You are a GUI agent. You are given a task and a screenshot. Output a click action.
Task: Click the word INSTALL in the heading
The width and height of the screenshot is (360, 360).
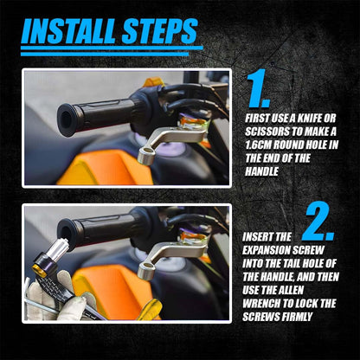click(69, 31)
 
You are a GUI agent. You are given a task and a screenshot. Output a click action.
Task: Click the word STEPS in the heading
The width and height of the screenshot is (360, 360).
click(159, 31)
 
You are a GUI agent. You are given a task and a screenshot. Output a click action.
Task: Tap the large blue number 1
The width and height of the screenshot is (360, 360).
click(259, 88)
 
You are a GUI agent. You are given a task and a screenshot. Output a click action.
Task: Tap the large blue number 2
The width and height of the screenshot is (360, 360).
click(318, 221)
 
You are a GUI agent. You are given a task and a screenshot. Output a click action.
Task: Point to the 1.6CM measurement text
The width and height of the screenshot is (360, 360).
click(258, 145)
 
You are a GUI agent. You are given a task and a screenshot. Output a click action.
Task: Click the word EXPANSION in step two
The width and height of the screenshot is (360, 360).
click(265, 250)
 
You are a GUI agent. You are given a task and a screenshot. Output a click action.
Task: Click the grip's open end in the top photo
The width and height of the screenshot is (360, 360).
click(67, 119)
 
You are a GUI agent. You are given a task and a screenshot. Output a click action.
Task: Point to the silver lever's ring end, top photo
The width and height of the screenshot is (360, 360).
click(146, 155)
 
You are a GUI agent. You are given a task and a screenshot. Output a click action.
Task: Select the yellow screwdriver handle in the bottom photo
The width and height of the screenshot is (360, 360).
click(150, 310)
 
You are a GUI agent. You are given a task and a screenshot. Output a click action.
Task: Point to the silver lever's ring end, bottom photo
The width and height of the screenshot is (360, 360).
click(146, 271)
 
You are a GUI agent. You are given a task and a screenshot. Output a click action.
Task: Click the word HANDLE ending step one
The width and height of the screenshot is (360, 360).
click(262, 171)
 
